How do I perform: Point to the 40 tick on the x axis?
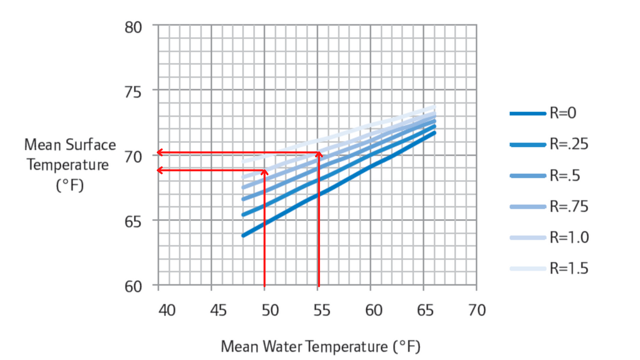click(x=167, y=309)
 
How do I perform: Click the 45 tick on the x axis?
click(x=219, y=309)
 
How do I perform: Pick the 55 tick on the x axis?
click(x=322, y=309)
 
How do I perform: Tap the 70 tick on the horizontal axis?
click(x=476, y=309)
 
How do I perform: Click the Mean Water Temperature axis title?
click(x=321, y=347)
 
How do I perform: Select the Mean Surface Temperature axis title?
click(x=70, y=164)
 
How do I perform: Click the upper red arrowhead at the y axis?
click(x=160, y=153)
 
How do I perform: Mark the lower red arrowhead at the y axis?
click(x=160, y=170)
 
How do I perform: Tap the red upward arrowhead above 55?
click(x=319, y=155)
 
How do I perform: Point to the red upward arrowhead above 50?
click(x=265, y=172)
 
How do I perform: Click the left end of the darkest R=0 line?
click(x=244, y=235)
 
